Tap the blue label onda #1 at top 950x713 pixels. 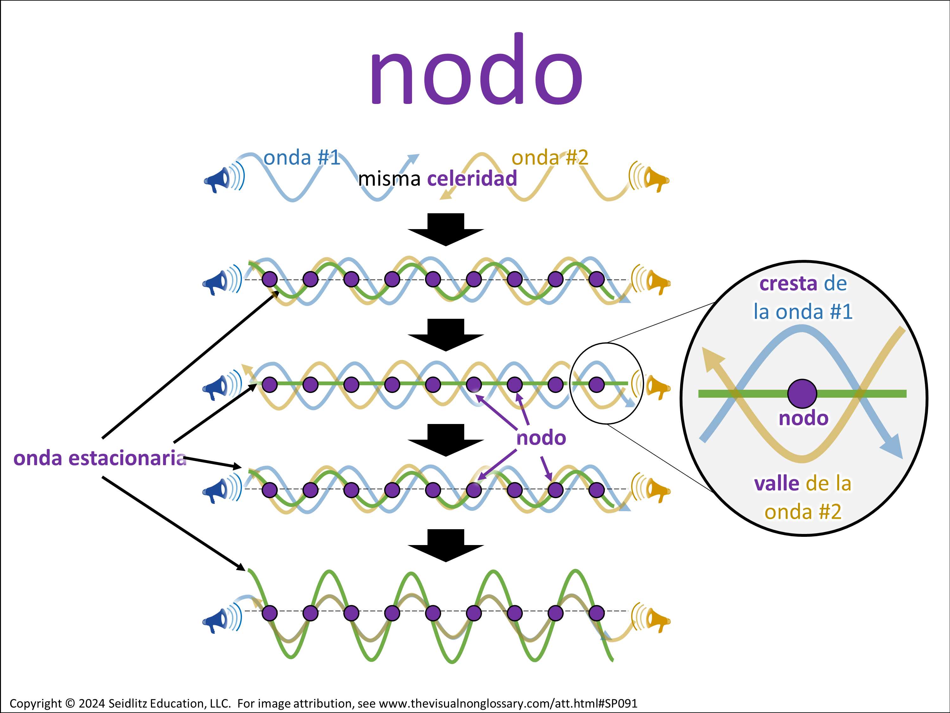point(301,158)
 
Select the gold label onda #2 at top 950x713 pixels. point(550,158)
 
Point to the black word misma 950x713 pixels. point(389,179)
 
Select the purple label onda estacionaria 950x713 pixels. point(100,458)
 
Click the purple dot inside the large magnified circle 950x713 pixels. point(802,393)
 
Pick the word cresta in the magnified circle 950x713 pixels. point(788,284)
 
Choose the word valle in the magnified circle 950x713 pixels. point(776,484)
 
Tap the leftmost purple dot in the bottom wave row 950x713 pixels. point(270,613)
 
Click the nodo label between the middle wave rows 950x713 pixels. point(541,438)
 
